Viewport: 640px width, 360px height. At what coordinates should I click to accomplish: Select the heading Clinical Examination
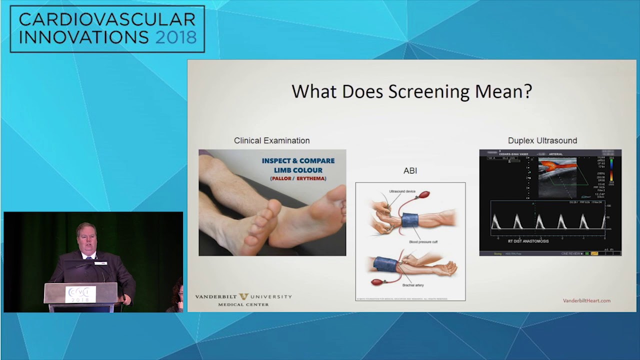[x=271, y=141]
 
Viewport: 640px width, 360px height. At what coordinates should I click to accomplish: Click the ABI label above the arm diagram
[x=410, y=170]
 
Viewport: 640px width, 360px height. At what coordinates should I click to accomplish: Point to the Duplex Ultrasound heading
[x=542, y=141]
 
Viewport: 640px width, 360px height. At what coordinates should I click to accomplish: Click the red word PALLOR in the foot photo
[x=281, y=178]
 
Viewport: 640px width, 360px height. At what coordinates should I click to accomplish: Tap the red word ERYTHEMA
[x=310, y=178]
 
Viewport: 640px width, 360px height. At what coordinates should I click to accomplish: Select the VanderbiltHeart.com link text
[x=586, y=300]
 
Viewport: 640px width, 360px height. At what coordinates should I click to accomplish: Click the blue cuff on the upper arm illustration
[x=409, y=220]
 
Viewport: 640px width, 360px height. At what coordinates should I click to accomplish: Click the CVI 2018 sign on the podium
[x=80, y=294]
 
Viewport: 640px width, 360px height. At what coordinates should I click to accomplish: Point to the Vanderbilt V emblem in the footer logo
[x=244, y=297]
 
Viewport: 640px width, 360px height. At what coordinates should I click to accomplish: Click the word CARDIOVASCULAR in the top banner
[x=107, y=19]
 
